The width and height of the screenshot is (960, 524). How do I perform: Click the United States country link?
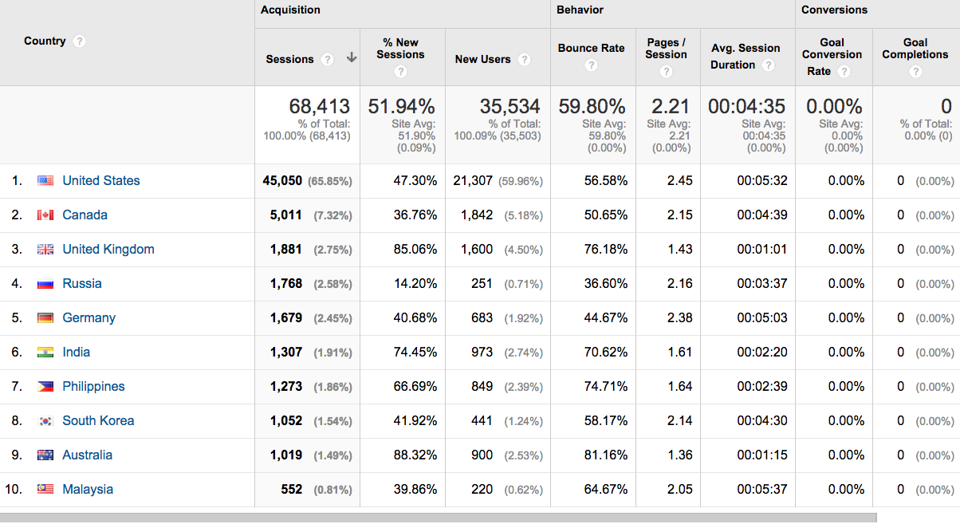pos(101,181)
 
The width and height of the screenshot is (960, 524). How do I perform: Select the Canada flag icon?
pos(45,215)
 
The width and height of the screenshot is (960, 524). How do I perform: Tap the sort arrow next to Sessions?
pos(352,58)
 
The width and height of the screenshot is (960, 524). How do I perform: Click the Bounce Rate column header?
pos(591,48)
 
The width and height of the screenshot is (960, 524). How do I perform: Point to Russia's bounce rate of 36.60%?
pos(605,284)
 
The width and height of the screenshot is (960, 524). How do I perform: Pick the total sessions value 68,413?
pos(319,106)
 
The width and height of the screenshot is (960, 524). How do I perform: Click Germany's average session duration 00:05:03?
pos(761,318)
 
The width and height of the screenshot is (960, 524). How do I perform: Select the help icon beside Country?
pos(79,41)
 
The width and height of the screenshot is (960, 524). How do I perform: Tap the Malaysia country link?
pos(88,490)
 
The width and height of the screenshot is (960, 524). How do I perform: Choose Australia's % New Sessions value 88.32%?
pos(415,455)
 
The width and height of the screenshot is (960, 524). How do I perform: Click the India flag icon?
pos(45,353)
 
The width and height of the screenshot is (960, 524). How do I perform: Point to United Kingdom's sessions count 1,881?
pos(286,250)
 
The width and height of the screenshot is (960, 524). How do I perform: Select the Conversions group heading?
pos(834,10)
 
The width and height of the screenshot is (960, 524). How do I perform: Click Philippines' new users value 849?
pos(482,387)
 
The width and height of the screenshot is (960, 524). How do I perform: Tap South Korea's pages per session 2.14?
pos(679,421)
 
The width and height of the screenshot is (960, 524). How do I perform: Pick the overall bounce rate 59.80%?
pos(592,106)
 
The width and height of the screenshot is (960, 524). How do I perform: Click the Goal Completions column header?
pos(915,49)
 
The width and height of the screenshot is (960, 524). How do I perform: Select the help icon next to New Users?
pos(524,60)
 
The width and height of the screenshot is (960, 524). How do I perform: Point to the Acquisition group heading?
pos(290,10)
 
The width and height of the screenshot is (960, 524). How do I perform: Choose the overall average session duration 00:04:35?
pos(746,106)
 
